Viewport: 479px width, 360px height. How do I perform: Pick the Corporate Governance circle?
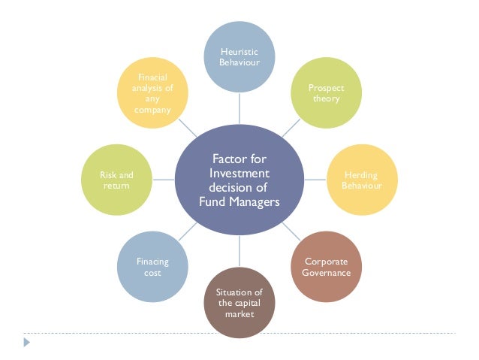(327, 267)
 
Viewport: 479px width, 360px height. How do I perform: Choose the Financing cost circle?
(152, 267)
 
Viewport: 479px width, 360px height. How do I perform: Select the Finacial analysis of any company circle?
(153, 93)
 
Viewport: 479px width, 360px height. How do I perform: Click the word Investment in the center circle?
(239, 174)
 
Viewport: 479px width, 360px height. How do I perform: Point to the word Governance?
(327, 273)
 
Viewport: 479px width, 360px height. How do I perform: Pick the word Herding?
(362, 174)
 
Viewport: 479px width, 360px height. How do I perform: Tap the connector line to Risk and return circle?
(163, 180)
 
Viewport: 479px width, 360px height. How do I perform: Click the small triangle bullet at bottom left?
(28, 342)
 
